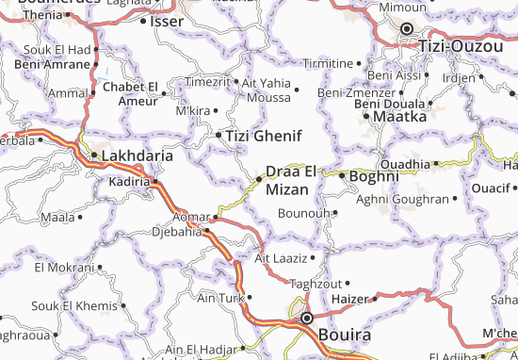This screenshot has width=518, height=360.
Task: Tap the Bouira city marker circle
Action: coord(307,319)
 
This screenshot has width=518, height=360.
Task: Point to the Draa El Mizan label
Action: coord(295,179)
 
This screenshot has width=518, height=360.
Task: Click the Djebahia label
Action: coord(176,231)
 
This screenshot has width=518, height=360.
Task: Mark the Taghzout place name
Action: coord(315,284)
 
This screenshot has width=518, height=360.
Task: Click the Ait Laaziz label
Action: coord(281,256)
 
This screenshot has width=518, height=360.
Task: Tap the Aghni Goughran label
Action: coord(402,199)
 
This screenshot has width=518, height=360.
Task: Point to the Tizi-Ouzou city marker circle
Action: coord(408,29)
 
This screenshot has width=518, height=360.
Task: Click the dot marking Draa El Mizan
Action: coord(260,178)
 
